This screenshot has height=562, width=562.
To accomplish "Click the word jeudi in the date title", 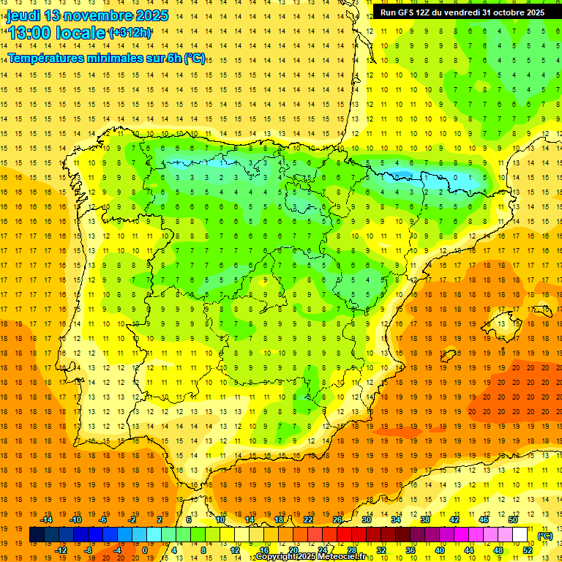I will (23, 15).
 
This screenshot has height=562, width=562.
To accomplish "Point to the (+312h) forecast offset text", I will (130, 33).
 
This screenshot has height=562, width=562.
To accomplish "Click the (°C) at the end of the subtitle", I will (195, 58).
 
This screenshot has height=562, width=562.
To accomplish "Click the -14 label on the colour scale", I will (48, 520).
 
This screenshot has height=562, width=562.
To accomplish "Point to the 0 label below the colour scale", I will (145, 550).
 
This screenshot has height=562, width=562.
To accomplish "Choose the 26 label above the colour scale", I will (337, 520).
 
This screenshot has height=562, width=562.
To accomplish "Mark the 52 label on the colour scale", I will (528, 550).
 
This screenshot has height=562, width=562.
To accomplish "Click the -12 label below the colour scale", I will (61, 550).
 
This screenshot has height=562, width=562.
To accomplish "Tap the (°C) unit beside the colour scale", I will (544, 536).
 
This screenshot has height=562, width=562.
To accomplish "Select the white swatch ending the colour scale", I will (520, 535).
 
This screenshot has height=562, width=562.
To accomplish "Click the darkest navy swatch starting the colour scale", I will (37, 535).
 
